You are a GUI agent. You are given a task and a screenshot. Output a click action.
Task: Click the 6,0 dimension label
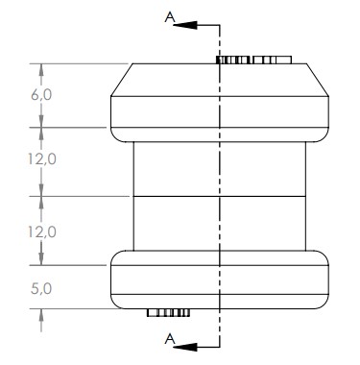point(41,95)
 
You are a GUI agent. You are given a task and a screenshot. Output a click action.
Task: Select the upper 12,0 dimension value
point(41,158)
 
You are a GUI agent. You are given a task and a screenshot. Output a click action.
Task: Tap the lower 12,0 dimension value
point(41,231)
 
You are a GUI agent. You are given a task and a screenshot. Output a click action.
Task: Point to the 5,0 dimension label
point(41,289)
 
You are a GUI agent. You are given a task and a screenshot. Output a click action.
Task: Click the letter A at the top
point(170,17)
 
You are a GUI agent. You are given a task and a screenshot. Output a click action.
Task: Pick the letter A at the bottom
point(170,338)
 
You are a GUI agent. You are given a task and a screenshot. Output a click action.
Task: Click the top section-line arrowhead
point(186,25)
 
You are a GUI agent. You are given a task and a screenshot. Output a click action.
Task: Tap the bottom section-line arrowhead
point(186,347)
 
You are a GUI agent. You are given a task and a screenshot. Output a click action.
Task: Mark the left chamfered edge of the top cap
point(122,80)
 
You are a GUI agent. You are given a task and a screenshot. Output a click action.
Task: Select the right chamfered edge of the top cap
point(318,80)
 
